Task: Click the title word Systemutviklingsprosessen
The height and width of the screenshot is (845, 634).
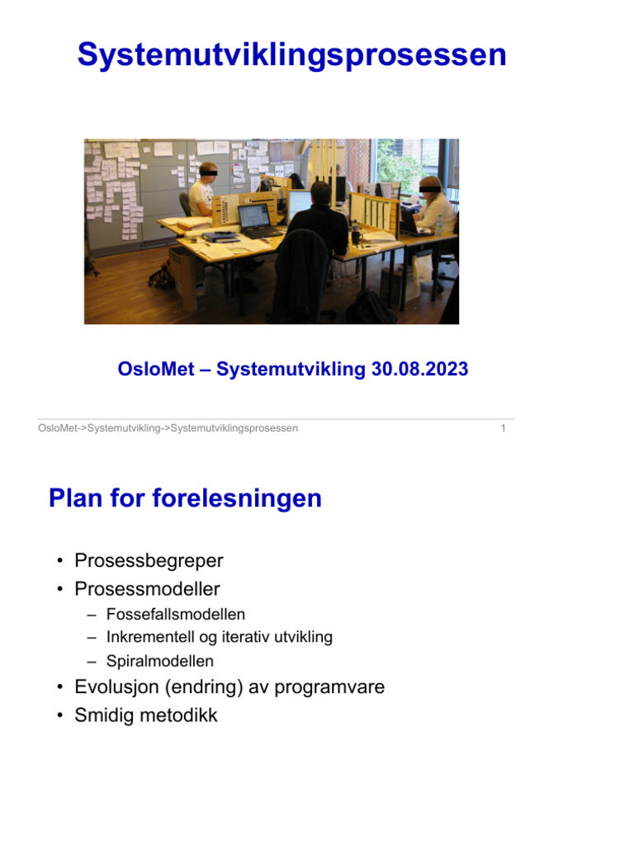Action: pyautogui.click(x=291, y=55)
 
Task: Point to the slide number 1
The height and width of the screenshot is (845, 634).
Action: pyautogui.click(x=504, y=428)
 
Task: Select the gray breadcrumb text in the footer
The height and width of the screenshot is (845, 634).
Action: pyautogui.click(x=168, y=428)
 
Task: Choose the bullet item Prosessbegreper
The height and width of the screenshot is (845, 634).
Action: pyautogui.click(x=149, y=561)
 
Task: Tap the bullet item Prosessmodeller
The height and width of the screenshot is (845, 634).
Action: pyautogui.click(x=147, y=589)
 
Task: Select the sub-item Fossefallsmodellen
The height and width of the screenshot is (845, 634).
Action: pyautogui.click(x=176, y=615)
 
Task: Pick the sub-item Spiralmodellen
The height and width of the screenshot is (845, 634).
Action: pyautogui.click(x=160, y=662)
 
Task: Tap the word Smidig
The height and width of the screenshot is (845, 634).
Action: pyautogui.click(x=102, y=715)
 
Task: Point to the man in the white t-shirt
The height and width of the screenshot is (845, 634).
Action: pyautogui.click(x=201, y=191)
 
